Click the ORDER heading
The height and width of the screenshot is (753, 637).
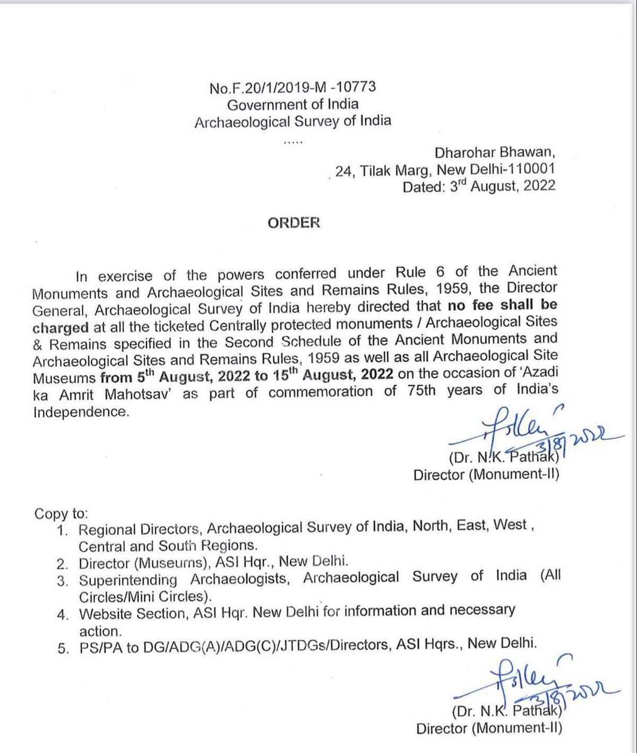pyautogui.click(x=294, y=223)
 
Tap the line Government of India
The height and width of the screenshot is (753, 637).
pyautogui.click(x=292, y=104)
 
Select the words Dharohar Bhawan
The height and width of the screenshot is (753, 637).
pyautogui.click(x=495, y=153)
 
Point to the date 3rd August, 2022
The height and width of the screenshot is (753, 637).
pyautogui.click(x=502, y=186)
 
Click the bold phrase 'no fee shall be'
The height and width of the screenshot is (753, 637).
pyautogui.click(x=502, y=306)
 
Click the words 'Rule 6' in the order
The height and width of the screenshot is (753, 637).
pyautogui.click(x=421, y=272)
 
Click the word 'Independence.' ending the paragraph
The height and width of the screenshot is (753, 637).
pyautogui.click(x=81, y=412)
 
